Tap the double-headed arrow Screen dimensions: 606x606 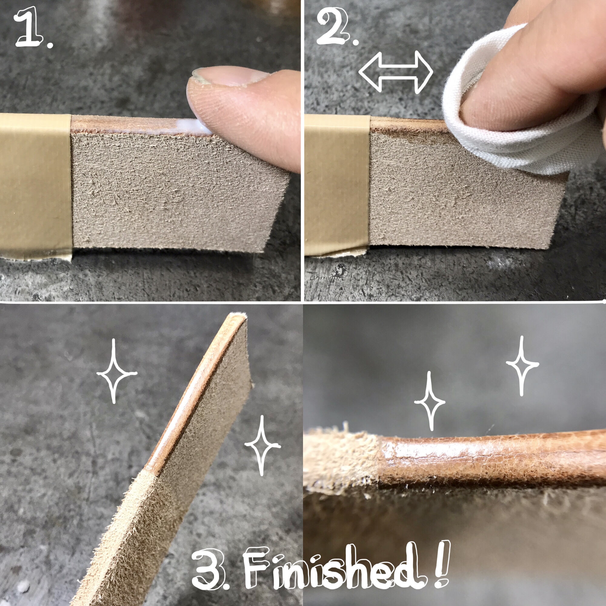coord(396,72)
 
